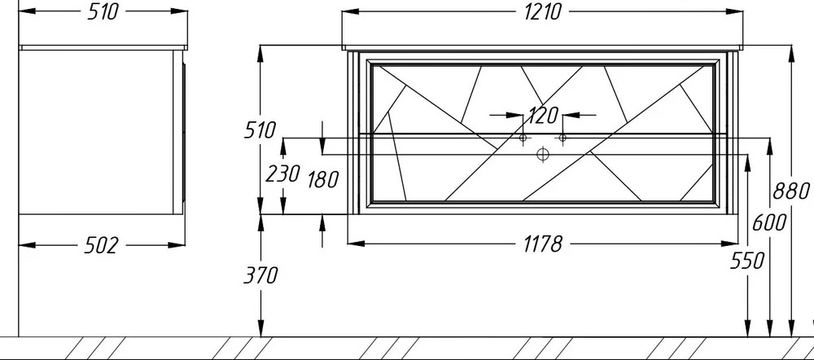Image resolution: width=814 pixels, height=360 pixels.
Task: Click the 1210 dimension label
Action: point(542,11)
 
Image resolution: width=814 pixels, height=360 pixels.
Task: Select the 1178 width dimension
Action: point(542,244)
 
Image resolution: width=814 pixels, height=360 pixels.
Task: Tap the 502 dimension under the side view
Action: point(101,245)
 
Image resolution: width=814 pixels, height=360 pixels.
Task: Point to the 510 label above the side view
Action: point(103,11)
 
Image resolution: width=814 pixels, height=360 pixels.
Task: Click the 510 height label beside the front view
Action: point(260,130)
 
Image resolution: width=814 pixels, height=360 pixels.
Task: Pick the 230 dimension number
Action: point(283,174)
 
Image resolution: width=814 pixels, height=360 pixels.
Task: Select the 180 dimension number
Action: point(323,180)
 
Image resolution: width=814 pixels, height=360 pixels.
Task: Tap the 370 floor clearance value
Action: point(261,275)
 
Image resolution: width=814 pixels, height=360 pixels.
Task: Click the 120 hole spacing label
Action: point(542,116)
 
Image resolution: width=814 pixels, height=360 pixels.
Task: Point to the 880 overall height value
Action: point(791,191)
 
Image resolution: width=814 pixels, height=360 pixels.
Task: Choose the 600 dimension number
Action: point(769,223)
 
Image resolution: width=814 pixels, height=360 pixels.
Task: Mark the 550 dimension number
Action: point(747,261)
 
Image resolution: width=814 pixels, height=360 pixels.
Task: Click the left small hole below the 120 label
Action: point(523,138)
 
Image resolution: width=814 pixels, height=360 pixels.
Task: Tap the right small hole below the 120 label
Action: point(562,138)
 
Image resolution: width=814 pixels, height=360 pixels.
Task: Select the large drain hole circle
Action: point(542,154)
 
